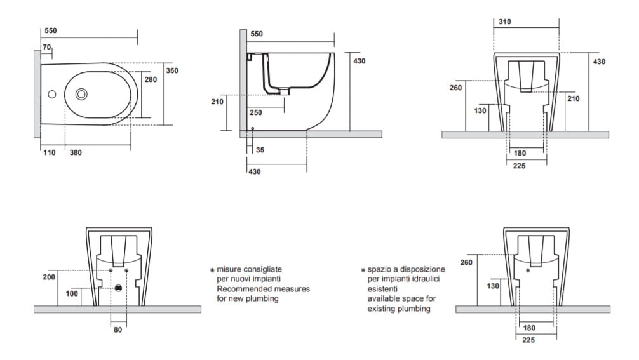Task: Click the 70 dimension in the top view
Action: pos(47,48)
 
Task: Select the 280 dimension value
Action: pos(151,80)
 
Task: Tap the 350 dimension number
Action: pos(172,70)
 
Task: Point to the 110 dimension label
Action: pos(50,152)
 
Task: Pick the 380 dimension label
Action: pos(75,152)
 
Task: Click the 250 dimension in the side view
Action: pos(255,112)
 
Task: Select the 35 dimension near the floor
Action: pos(260,150)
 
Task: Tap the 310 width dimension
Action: pos(505,22)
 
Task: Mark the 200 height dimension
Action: pos(49,277)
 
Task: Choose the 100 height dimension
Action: pos(72,293)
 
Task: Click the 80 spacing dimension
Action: pos(118,330)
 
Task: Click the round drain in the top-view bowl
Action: pos(81,94)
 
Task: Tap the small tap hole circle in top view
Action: pos(52,95)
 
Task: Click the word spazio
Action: pos(379,269)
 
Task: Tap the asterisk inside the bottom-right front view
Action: pos(528,270)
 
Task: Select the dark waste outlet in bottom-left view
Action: pos(118,288)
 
